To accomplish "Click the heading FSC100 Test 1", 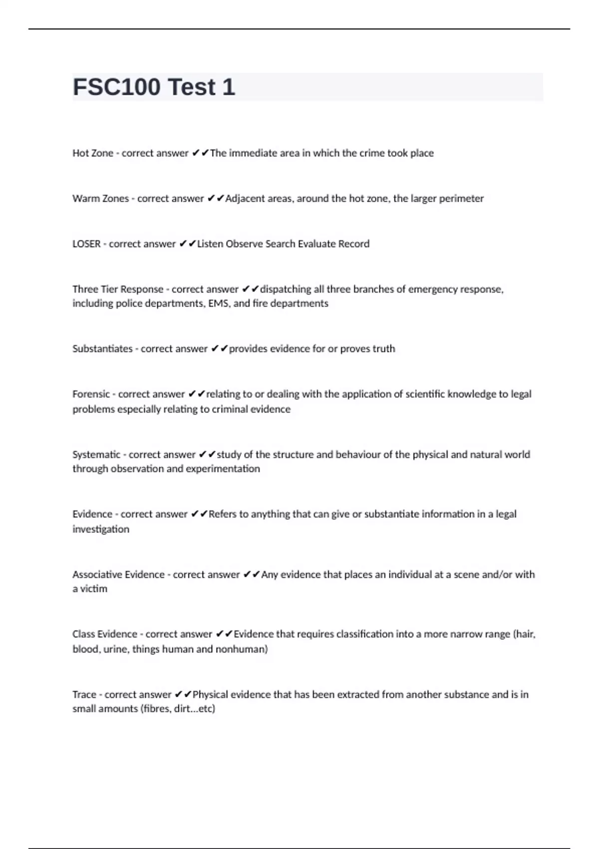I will click(x=154, y=87).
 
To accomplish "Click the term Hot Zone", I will click(x=93, y=153).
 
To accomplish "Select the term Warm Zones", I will click(x=100, y=199).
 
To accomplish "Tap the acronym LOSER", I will click(x=86, y=244).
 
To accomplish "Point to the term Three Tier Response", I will click(x=118, y=289).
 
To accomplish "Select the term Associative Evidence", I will click(x=118, y=575).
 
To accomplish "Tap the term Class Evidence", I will click(x=105, y=634).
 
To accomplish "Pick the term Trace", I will click(x=84, y=695).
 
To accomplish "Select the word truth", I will click(x=383, y=349).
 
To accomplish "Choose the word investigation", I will click(x=101, y=529).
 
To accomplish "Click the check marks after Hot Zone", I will click(x=200, y=153).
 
